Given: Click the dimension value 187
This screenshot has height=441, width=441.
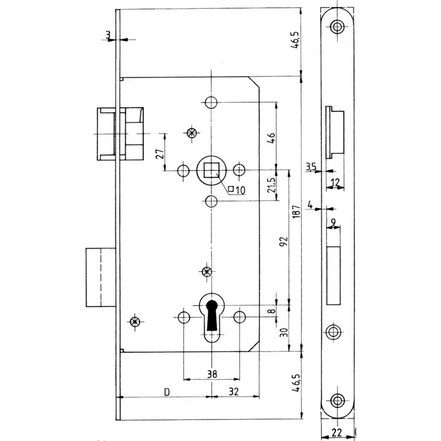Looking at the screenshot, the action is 296,212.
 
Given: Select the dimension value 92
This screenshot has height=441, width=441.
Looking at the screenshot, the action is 283,241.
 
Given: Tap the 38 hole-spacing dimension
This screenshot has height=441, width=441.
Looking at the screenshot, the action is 212,374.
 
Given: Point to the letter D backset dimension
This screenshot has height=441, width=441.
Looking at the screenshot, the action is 167,392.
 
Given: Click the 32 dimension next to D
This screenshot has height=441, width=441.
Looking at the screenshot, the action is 234,391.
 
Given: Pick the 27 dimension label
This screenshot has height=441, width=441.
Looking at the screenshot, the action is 160,154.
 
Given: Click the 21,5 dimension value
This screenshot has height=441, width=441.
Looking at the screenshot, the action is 271,185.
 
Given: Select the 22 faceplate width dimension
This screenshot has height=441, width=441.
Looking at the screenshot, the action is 337,433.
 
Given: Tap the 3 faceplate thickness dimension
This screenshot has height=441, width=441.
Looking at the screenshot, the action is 108,35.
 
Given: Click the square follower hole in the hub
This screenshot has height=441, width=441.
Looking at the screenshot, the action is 212,170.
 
